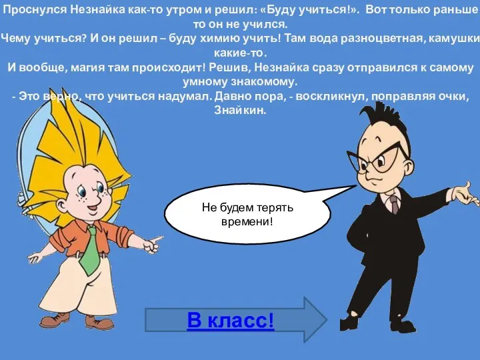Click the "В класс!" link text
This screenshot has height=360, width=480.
(231, 321)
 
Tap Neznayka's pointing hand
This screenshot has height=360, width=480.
(151, 243)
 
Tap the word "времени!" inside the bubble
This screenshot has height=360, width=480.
(247, 221)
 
